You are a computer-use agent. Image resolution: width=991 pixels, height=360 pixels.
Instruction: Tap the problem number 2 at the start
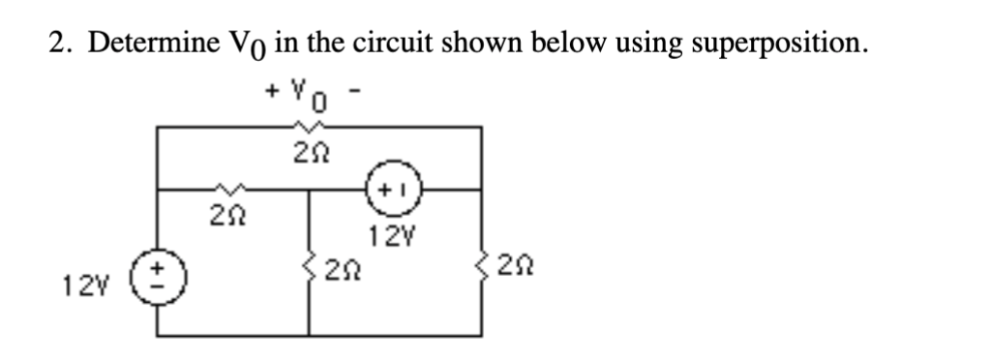coord(56,44)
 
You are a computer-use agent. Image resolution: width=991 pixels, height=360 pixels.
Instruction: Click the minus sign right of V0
coord(355,91)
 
